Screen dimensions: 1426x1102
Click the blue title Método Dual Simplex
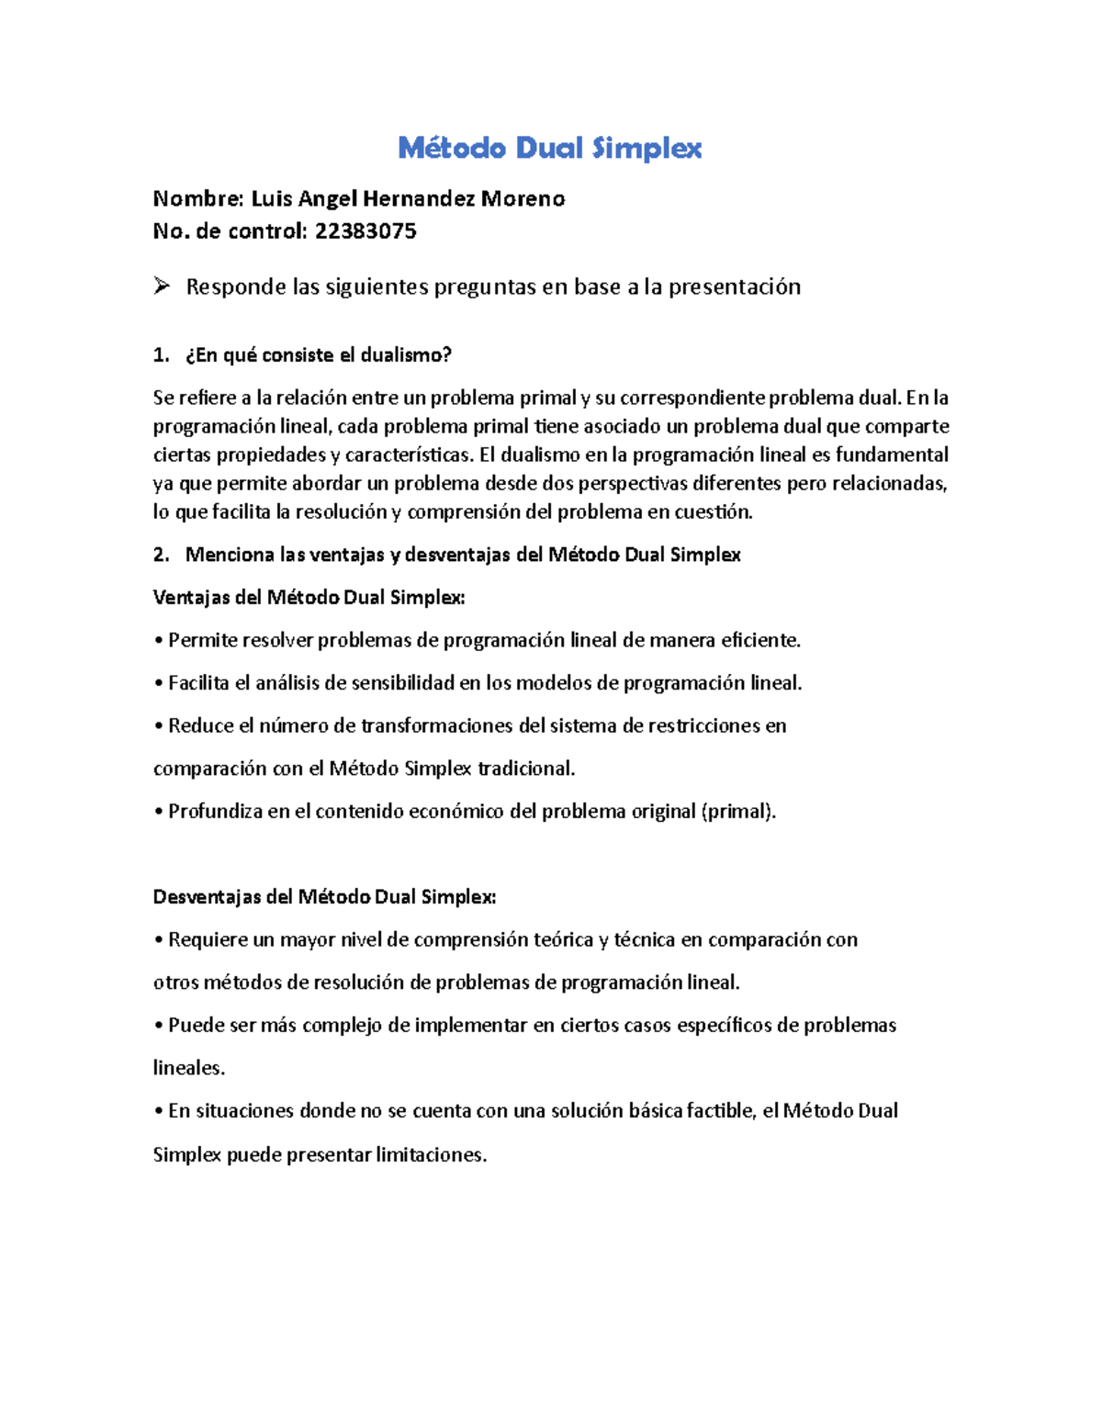[x=549, y=148]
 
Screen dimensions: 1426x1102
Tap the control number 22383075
[x=365, y=231]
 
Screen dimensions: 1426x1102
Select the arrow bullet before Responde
[x=162, y=286]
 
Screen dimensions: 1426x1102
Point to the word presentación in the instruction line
[x=734, y=287]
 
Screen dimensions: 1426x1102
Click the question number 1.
[x=161, y=355]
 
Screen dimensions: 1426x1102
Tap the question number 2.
[x=161, y=555]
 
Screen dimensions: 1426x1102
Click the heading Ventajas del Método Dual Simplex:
[x=309, y=598]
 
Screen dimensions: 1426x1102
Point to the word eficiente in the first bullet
[x=759, y=640]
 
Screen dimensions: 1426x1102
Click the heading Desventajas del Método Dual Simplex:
[x=324, y=897]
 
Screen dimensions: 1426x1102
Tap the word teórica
[x=562, y=940]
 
